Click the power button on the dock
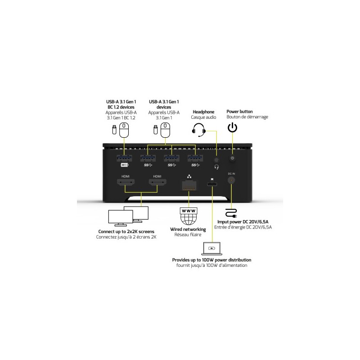click(232, 158)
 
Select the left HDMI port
click(126, 183)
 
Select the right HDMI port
click(157, 183)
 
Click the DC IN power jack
click(231, 180)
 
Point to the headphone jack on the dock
click(216, 160)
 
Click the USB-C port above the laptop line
click(212, 184)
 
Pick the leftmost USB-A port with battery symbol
click(124, 158)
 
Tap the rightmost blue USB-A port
click(195, 158)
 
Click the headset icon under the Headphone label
click(199, 130)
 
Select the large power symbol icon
click(232, 127)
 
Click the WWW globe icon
click(189, 216)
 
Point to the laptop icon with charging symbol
click(211, 249)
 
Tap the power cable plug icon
click(231, 213)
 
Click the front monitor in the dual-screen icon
click(120, 218)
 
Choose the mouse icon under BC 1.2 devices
click(124, 130)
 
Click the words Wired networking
click(188, 229)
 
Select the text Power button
click(239, 112)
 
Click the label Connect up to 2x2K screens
click(126, 232)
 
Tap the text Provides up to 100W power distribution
click(211, 260)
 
